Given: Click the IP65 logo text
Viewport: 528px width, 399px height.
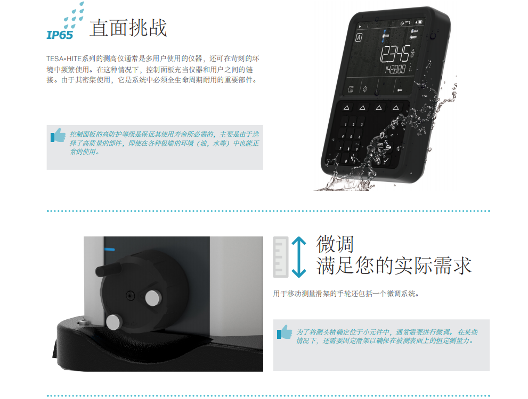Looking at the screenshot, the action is (60, 35).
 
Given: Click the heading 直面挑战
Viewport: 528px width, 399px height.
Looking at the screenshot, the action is (128, 28).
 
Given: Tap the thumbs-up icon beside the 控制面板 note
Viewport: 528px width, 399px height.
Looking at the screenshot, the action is (58, 135).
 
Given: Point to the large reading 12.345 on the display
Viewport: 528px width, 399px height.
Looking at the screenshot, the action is (394, 54).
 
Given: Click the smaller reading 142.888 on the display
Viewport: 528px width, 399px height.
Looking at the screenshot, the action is (395, 69).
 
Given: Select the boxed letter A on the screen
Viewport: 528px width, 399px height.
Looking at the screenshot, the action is (359, 37).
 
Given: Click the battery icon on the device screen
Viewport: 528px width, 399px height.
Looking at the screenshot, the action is (419, 22).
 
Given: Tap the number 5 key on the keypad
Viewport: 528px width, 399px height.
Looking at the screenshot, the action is (351, 137).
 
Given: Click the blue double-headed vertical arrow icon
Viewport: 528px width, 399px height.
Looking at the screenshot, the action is (299, 257).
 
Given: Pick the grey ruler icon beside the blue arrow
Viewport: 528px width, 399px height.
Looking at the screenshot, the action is (280, 257).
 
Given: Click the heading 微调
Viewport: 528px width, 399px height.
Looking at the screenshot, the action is (335, 244).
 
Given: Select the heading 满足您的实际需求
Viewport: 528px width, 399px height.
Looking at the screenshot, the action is (394, 265).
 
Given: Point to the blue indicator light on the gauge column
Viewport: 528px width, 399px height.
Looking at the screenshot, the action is (109, 250).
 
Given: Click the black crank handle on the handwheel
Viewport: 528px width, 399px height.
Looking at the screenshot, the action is (108, 269).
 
